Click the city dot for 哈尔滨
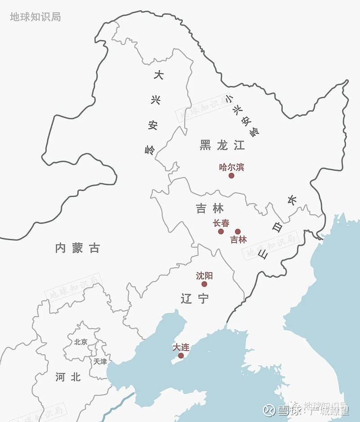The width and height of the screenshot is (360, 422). tap(231, 175)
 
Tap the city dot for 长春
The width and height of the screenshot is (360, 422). tap(221, 231)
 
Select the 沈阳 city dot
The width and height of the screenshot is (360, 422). tap(204, 284)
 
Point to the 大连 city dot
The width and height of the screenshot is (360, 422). tap(181, 355)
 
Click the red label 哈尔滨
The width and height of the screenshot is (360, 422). tap(231, 167)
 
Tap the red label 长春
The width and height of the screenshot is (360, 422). tap(221, 223)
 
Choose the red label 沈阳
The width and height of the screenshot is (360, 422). tap(204, 275)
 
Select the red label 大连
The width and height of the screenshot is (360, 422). tap(181, 347)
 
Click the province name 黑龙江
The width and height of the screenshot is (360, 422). tap(222, 145)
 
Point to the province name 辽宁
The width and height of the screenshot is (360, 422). tap(195, 298)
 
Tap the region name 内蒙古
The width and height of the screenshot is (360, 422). tap(77, 247)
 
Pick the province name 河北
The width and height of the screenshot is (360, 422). tap(68, 377)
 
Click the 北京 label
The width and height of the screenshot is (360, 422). tap(81, 341)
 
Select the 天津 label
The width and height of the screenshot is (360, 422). tap(100, 361)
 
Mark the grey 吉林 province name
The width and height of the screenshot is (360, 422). tap(210, 208)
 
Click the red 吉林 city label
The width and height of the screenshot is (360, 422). tap(238, 240)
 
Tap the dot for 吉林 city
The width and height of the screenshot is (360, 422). tap(238, 231)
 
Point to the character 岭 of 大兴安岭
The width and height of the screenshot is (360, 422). tap(150, 150)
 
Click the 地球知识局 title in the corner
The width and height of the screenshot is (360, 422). tap(35, 17)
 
